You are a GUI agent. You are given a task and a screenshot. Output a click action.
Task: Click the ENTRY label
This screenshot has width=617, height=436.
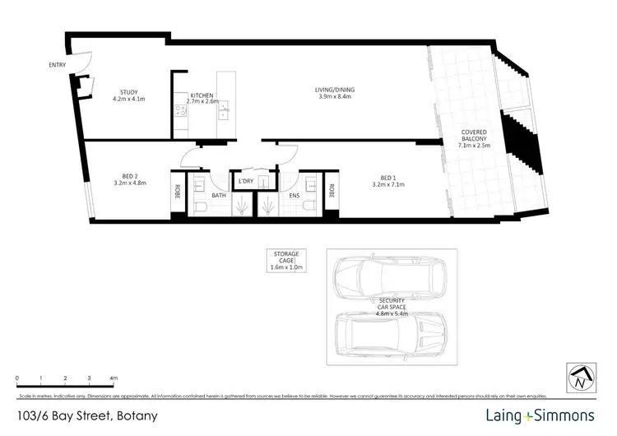point(57,64)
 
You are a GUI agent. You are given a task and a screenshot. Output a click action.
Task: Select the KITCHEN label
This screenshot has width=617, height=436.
point(203,96)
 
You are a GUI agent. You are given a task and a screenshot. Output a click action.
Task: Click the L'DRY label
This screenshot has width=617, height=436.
point(244,181)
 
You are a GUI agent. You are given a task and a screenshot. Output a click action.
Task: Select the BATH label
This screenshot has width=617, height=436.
point(218,196)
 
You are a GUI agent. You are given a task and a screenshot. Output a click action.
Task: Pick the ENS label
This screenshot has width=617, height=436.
point(293,196)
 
